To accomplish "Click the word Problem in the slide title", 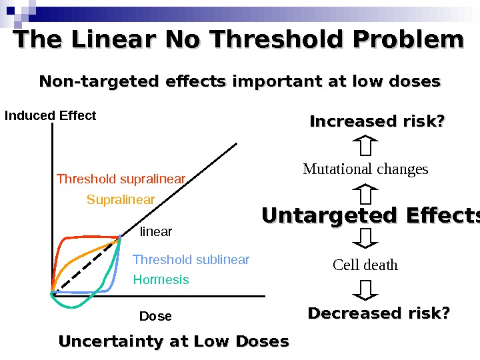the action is pos(407,40).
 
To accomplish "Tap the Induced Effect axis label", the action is pos(51,116).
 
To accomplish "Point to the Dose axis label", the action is pos(155,316).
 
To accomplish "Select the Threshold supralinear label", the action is pos(121,179).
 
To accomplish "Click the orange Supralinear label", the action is pos(121,200).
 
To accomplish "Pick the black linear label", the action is pos(156,232).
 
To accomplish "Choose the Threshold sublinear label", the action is pos(191,259).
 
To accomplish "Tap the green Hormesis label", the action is pos(161,280).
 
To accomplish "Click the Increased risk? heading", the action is pos(377,122).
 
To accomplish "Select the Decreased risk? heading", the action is pos(379,313).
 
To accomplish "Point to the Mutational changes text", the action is pos(365,169).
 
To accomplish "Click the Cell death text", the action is pos(365,265).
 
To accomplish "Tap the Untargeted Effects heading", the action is pos(370,216).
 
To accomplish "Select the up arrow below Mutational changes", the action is pos(365,194).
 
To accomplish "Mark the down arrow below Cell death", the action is pos(365,289).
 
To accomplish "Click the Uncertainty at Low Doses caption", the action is pos(174,341).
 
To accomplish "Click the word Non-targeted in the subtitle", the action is pos(99,81).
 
